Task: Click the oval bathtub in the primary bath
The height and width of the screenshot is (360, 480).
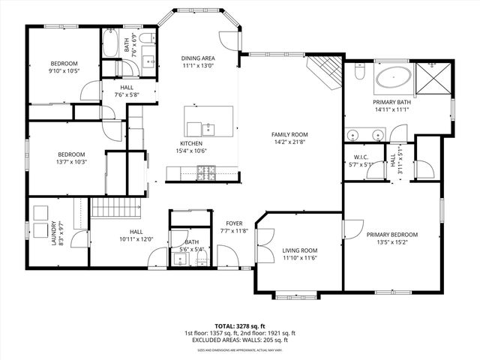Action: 393,78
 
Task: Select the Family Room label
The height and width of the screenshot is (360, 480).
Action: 289,135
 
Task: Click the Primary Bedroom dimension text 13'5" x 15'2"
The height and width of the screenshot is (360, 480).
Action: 392,243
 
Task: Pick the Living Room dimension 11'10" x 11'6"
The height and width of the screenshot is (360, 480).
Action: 300,258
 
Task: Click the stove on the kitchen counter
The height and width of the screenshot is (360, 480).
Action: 205,174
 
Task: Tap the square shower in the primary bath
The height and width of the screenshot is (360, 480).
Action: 433,77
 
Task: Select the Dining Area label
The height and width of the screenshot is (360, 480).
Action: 198,58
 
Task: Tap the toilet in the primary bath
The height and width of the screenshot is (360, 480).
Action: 359,74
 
